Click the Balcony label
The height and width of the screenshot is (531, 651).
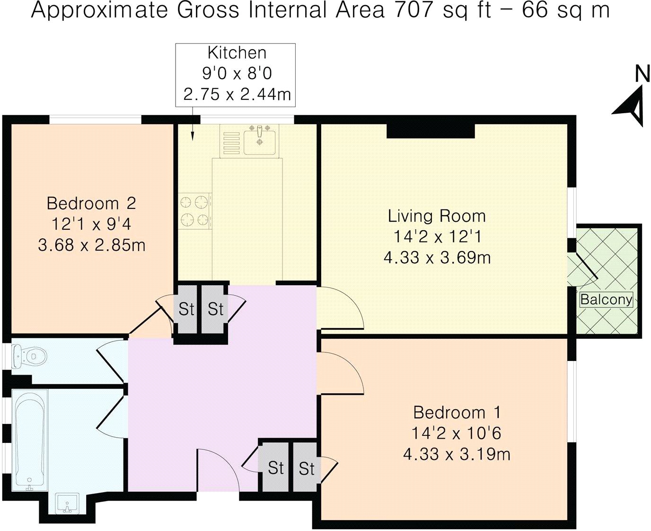(606, 299)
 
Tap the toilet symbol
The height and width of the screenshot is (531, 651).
(29, 356)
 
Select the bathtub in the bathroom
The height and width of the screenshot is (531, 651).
(30, 440)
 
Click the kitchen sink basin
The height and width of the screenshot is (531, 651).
(259, 142)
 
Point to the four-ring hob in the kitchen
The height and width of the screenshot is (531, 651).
(195, 211)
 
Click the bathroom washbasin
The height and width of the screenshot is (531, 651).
(68, 503)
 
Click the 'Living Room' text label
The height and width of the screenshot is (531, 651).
(437, 216)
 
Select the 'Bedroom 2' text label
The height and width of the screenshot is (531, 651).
(91, 203)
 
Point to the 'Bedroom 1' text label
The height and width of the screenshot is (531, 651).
(457, 413)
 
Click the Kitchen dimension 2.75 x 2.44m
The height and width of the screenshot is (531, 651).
(237, 94)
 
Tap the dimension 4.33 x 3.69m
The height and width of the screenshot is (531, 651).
(437, 258)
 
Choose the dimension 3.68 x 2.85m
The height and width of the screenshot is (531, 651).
(91, 245)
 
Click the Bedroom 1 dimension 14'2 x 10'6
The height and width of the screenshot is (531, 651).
(457, 433)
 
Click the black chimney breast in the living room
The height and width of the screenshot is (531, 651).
(431, 131)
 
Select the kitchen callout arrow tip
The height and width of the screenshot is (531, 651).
(192, 140)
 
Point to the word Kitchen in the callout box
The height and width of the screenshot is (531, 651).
(237, 53)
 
